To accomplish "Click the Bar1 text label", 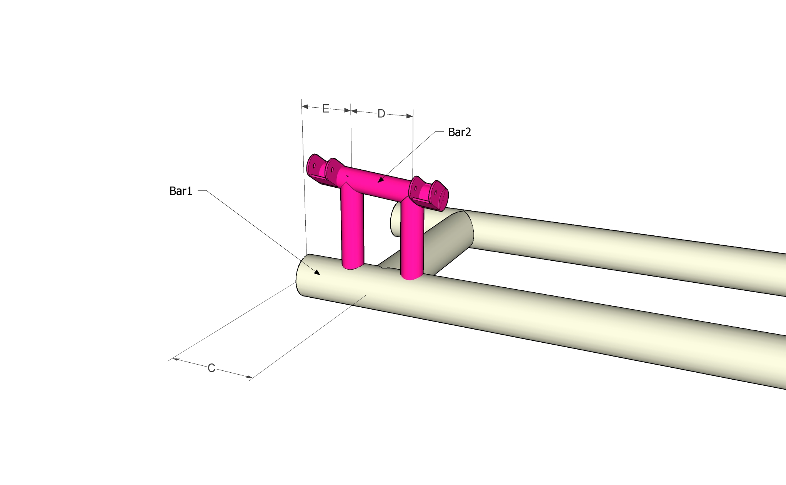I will click(181, 191).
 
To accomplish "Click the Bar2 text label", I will click(459, 132).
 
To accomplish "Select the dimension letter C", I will click(211, 368).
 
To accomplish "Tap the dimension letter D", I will click(381, 114).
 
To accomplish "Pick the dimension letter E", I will click(326, 109).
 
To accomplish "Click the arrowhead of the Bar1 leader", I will click(317, 273).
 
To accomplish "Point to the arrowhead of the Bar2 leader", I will click(380, 180).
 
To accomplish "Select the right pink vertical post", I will click(412, 238).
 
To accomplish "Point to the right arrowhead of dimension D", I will click(410, 116).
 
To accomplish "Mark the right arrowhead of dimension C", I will click(249, 377).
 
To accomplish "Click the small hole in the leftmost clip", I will click(314, 166).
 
